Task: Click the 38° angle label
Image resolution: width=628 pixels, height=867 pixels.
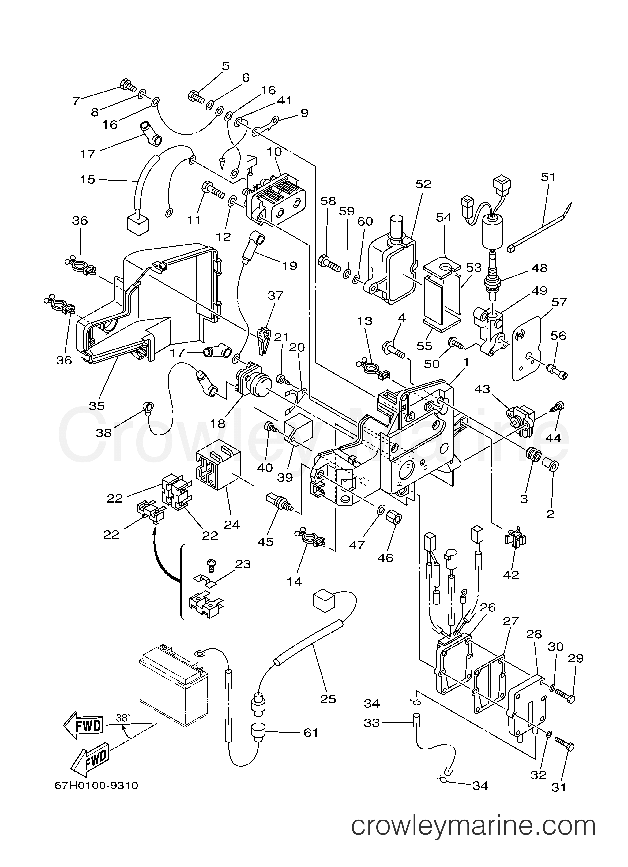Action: (x=123, y=718)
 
